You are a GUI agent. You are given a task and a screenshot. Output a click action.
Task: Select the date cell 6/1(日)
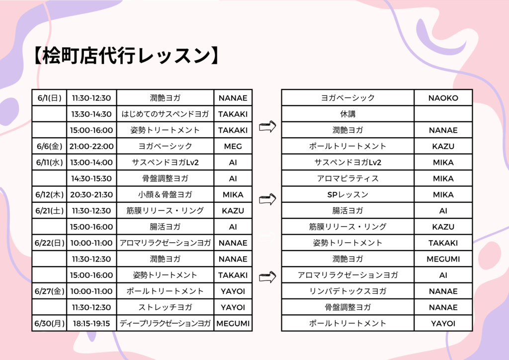49,98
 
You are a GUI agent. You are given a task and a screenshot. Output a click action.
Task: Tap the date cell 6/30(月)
49,323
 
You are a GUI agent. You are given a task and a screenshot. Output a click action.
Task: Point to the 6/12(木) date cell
49,195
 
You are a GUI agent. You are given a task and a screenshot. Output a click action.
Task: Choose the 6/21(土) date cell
49,211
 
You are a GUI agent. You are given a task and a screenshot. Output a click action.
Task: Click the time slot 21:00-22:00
91,146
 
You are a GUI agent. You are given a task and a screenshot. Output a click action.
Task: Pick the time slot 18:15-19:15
91,323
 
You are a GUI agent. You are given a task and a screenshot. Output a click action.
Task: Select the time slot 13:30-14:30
91,114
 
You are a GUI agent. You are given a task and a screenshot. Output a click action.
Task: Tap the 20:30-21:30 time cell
91,195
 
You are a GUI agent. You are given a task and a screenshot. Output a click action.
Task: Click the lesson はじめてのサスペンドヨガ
165,114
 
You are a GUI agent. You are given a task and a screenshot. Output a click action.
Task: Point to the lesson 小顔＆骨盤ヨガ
165,195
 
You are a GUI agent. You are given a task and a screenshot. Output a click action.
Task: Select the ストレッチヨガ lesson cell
165,307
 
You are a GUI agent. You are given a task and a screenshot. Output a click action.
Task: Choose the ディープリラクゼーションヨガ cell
165,323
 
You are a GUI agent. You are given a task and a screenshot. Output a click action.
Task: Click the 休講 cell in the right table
347,114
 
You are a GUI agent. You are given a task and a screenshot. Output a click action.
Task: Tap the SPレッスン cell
347,195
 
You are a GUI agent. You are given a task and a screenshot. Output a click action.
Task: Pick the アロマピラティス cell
347,179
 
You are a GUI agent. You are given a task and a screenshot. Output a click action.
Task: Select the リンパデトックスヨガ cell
347,291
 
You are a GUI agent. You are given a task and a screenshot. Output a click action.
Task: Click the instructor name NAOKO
443,98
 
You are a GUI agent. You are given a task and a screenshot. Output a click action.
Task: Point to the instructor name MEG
233,146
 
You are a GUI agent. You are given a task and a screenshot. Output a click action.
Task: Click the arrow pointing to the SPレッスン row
267,199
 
